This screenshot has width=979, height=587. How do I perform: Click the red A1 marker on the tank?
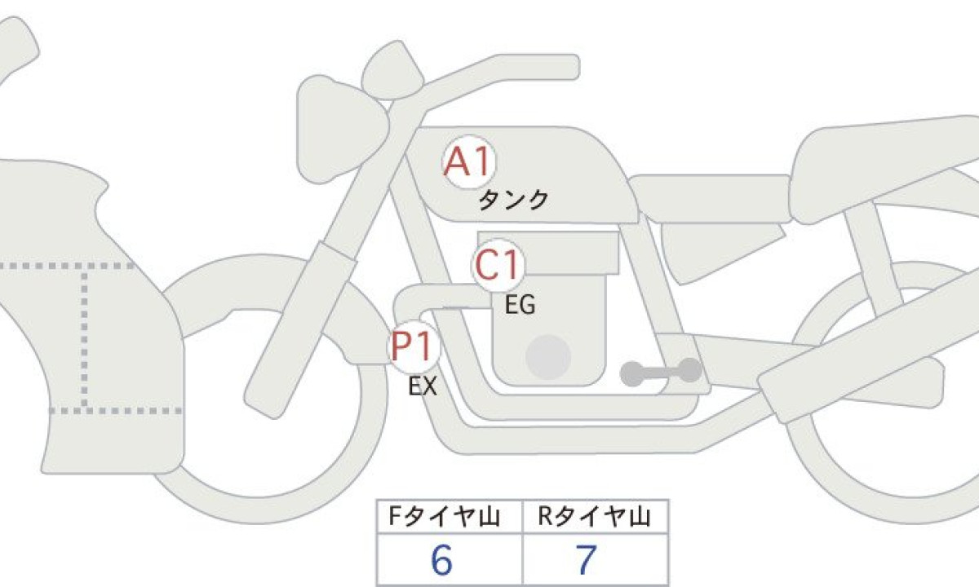(469, 161)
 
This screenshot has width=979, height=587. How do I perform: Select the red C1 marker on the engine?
(498, 265)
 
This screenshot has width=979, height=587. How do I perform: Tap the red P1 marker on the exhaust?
(414, 346)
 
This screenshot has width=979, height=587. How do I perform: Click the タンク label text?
(513, 200)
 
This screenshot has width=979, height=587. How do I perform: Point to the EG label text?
(520, 305)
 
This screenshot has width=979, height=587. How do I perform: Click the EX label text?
(423, 386)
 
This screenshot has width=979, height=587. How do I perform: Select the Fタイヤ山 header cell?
(450, 517)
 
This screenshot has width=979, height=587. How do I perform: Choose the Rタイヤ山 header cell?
(596, 517)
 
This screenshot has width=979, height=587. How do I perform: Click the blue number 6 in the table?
(441, 560)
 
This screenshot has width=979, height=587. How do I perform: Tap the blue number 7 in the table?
(586, 560)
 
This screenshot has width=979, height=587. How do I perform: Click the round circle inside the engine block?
(548, 357)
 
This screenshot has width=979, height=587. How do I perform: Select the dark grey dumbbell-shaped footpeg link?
(661, 372)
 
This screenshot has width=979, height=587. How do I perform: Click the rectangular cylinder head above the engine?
(549, 253)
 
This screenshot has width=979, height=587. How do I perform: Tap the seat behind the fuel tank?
(711, 199)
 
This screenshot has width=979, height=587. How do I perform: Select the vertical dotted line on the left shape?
(84, 338)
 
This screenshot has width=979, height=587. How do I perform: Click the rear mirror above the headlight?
(392, 70)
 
